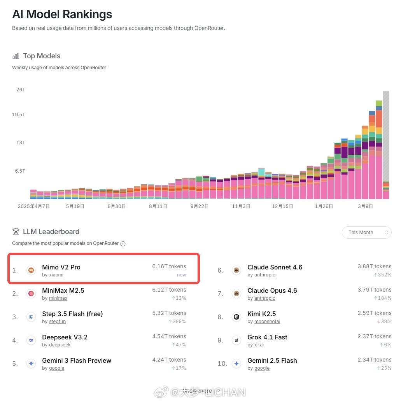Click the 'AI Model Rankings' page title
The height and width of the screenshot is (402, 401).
62,14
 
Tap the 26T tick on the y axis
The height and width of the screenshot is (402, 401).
21,90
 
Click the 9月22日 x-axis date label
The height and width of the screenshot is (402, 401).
200,206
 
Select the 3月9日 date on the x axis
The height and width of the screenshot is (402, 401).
366,206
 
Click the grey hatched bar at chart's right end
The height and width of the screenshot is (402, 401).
386,136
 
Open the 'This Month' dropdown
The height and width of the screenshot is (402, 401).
366,232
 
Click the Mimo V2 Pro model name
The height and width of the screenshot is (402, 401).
61,267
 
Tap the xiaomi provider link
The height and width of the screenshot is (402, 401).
56,275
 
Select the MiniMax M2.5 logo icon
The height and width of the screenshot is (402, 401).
31,294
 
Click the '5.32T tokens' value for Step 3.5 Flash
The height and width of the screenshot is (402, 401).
169,313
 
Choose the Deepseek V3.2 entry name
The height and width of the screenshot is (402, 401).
65,337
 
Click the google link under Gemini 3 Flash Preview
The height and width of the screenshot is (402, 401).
56,368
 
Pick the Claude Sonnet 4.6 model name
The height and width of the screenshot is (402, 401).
275,267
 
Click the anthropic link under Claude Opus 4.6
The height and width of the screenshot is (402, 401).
264,298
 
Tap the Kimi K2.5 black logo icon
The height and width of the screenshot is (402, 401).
236,317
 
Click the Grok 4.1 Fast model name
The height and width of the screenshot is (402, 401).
267,337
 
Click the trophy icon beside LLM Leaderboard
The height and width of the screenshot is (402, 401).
16,232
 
